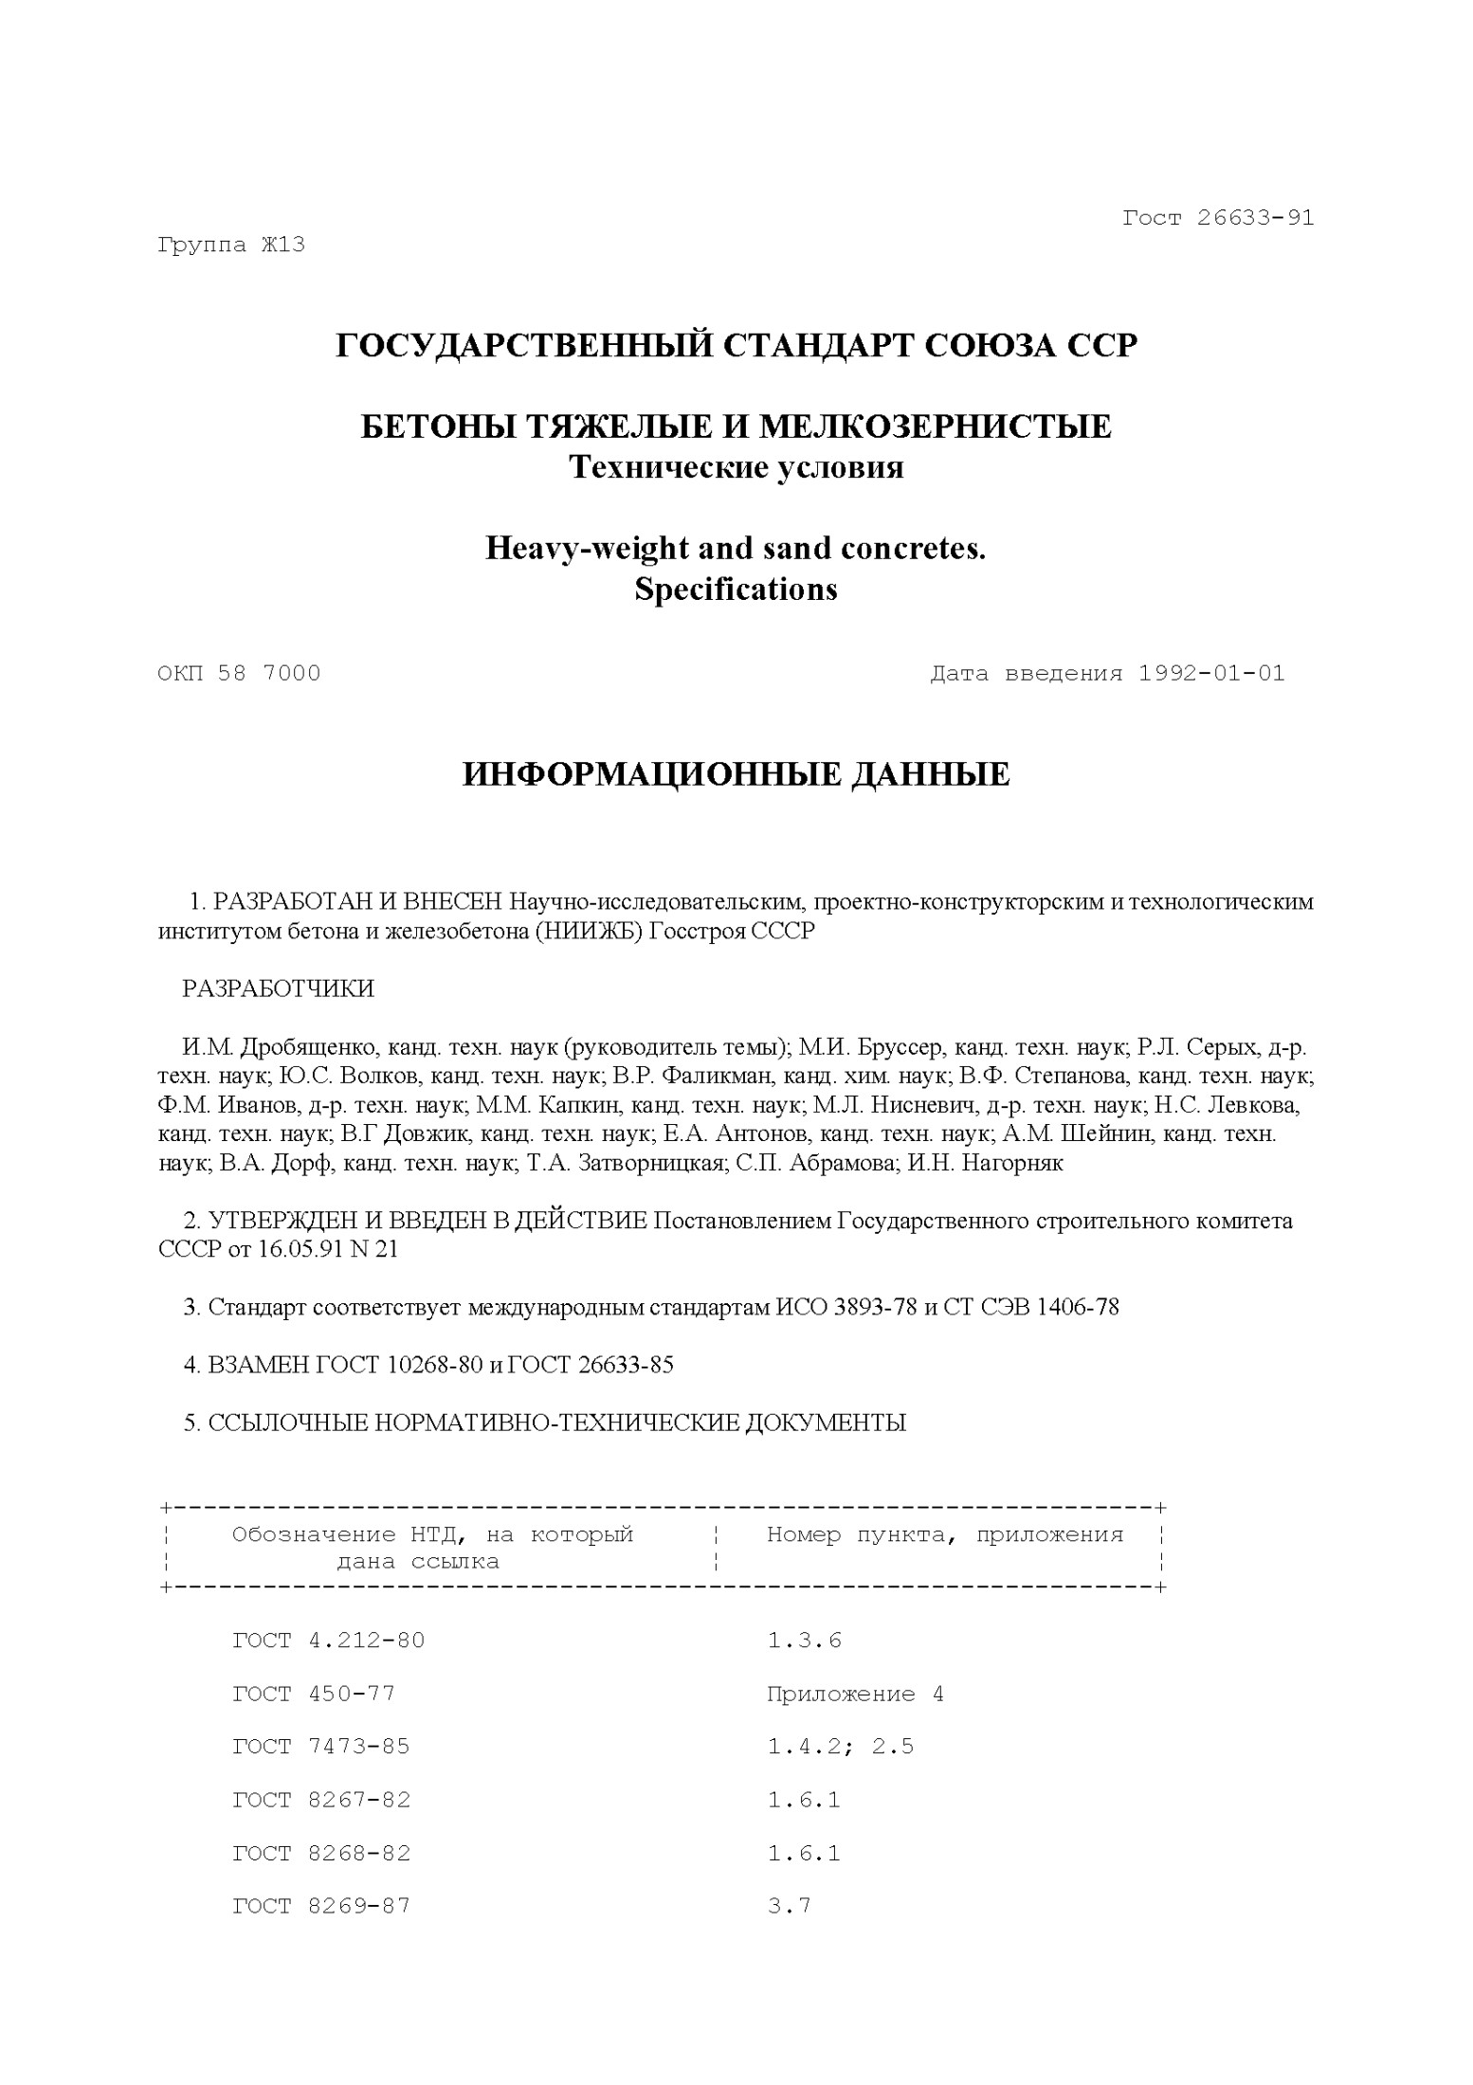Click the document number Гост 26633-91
tap(1218, 218)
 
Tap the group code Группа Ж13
tap(230, 245)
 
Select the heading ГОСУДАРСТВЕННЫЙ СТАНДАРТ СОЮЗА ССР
tap(736, 346)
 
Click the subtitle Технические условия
tap(736, 467)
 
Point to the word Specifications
tap(736, 589)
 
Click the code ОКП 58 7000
tap(239, 674)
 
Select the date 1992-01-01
tap(1211, 674)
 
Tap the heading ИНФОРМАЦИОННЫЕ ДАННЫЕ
tap(736, 774)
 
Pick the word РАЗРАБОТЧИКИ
tap(278, 988)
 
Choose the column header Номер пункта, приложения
tap(944, 1534)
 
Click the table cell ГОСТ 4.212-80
tap(329, 1641)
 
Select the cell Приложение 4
tap(855, 1694)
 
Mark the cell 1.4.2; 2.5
tap(840, 1747)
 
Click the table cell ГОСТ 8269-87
tap(321, 1906)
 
